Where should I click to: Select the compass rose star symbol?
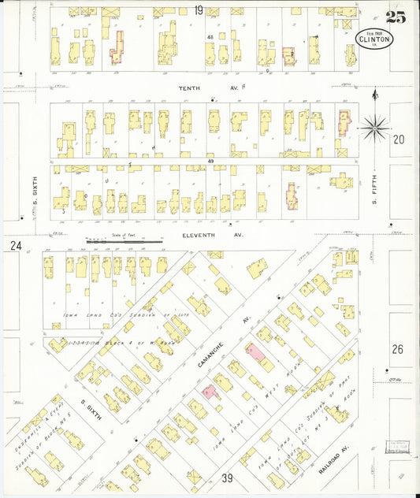click(376, 123)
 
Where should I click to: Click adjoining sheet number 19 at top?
click(199, 9)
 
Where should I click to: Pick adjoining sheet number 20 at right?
click(398, 139)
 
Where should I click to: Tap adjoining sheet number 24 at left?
click(14, 246)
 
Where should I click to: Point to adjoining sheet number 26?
click(397, 348)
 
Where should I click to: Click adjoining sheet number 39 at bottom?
click(227, 478)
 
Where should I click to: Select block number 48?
click(210, 38)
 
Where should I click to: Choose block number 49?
click(211, 161)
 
